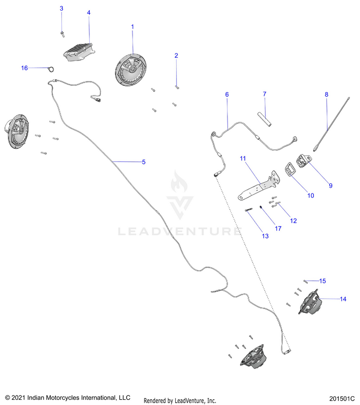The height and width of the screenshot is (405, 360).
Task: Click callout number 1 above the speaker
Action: click(x=133, y=27)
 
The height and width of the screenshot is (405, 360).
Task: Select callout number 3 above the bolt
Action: click(x=61, y=9)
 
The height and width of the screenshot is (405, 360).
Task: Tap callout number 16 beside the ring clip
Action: click(x=24, y=68)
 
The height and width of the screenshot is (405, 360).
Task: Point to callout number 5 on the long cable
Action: click(x=143, y=162)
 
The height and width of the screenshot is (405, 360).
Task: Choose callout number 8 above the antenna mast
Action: click(x=326, y=95)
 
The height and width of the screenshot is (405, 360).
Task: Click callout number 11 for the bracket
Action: click(x=243, y=158)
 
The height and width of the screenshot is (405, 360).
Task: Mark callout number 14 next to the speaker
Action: click(x=343, y=299)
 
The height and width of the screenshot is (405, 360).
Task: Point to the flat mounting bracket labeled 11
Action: click(x=259, y=187)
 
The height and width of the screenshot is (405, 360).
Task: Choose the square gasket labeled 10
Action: click(x=290, y=169)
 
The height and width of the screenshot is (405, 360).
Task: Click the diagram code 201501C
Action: click(x=342, y=399)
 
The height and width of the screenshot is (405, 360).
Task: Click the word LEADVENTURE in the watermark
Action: click(x=180, y=232)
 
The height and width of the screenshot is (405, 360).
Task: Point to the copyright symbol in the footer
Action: click(x=7, y=398)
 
